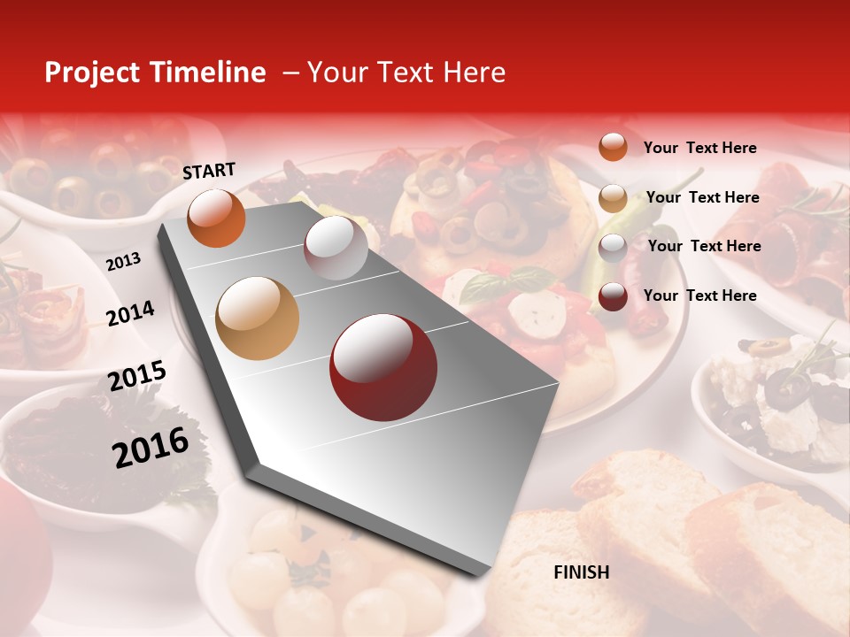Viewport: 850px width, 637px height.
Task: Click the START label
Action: coord(209,171)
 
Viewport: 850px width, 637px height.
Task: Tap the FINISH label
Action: coord(581,572)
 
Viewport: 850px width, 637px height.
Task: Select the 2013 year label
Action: coord(123,262)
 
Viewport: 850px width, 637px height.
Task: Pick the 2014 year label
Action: coord(130,313)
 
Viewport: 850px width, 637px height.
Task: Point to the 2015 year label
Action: coord(136,376)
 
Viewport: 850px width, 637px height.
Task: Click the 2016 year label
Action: coord(151,447)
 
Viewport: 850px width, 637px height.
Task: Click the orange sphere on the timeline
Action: coord(216,218)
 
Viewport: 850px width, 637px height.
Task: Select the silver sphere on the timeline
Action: coord(336,248)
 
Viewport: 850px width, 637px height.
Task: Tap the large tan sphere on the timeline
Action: coord(258,318)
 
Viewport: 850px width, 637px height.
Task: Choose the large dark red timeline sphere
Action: coord(383,367)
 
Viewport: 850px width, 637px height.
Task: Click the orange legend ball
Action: coord(613,147)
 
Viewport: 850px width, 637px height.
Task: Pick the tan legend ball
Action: coord(613,198)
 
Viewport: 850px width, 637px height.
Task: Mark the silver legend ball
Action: coord(613,248)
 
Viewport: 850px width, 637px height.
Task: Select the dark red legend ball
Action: coord(613,296)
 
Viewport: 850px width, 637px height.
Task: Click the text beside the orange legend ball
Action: coord(699,148)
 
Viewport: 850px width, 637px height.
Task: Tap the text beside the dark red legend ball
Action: coord(699,295)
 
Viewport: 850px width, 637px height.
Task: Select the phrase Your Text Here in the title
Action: coord(406,73)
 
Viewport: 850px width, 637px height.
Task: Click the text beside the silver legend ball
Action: coord(704,246)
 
